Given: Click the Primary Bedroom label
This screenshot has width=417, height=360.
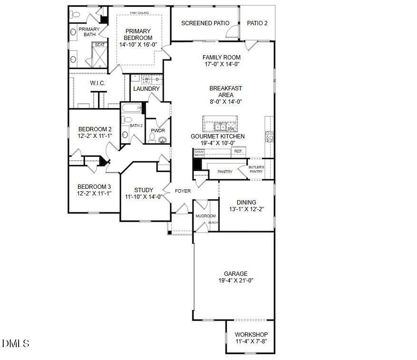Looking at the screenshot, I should tap(138, 34).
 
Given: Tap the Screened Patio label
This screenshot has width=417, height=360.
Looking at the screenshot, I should tap(205, 23).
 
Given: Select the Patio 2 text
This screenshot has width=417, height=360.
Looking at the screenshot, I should tap(257, 23).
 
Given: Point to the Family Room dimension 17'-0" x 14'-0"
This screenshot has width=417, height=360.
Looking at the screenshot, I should tap(222, 64).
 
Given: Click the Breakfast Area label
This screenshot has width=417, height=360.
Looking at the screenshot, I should tap(226, 91).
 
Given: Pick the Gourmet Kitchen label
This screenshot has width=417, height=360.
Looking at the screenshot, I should tap(218, 136).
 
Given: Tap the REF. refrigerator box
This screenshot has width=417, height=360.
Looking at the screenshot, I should tap(238, 151).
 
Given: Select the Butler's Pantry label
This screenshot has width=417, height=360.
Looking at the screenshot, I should tap(256, 169).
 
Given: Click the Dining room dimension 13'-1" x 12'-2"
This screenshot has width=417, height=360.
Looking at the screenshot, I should tap(246, 209).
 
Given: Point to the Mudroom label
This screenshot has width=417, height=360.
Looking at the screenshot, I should tap(205, 216).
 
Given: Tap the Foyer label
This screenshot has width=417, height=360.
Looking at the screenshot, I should tap(183, 191).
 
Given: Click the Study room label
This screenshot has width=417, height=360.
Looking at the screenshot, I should tap(144, 190).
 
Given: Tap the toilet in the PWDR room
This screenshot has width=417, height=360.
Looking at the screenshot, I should tap(153, 138).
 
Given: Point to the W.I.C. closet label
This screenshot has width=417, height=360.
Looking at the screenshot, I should tap(97, 83).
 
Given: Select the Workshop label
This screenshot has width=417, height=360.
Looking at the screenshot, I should tap(251, 335).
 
